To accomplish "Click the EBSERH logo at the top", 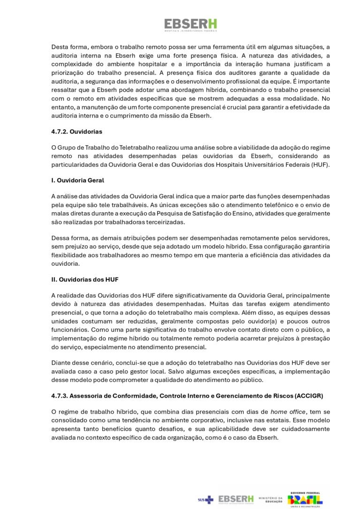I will click(190, 25).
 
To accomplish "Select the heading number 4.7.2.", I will click(61, 132).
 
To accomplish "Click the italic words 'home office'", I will click(287, 412).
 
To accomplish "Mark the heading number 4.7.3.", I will click(61, 396).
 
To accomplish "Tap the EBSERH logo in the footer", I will click(236, 499).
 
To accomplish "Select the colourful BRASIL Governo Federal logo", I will click(305, 499).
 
